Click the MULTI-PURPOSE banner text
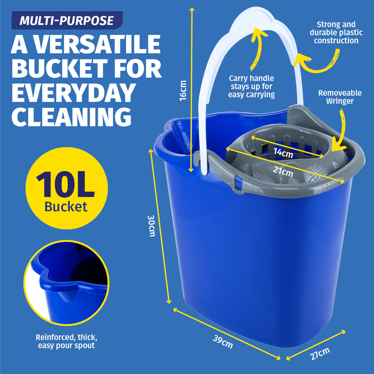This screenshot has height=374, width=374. click(x=66, y=21)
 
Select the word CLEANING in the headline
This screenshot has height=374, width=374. click(x=72, y=117)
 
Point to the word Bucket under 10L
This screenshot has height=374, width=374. click(x=66, y=207)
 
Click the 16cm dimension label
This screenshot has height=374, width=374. click(x=183, y=91)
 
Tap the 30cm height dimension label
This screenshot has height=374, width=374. click(x=151, y=226)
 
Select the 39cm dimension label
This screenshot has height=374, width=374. click(x=223, y=342)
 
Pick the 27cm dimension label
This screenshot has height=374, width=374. click(x=320, y=353)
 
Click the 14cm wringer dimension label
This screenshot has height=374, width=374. click(x=283, y=153)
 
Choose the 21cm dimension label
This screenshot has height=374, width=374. click(x=283, y=171)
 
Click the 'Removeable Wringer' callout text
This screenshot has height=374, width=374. click(x=340, y=97)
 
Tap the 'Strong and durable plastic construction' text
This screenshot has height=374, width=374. click(x=336, y=32)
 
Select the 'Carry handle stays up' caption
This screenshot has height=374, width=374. click(x=252, y=86)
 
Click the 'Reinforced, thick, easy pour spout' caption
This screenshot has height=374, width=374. click(x=66, y=341)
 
